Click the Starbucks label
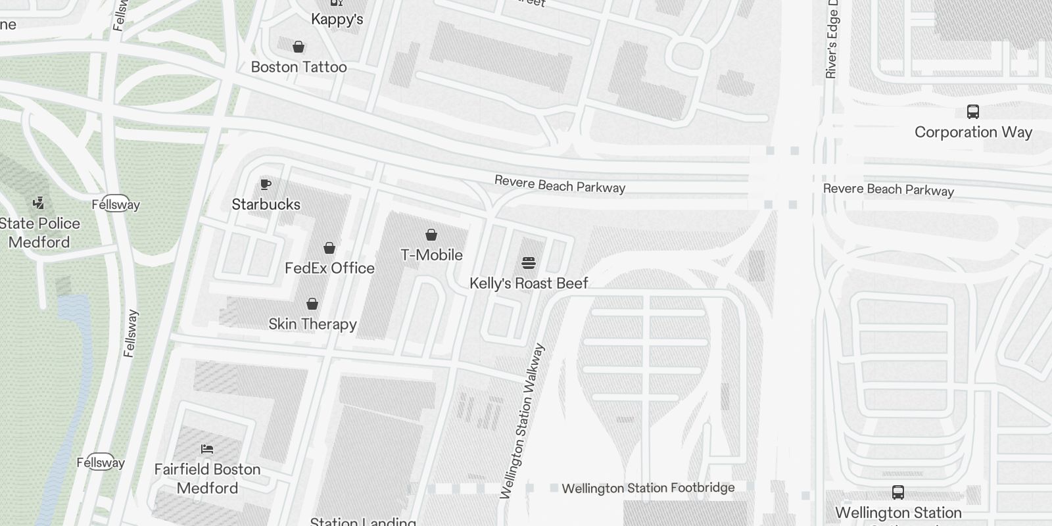point(266,204)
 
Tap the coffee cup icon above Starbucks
point(266,184)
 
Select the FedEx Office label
point(329,268)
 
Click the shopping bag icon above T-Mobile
point(431,235)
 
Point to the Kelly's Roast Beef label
point(529,283)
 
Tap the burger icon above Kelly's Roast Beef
point(529,263)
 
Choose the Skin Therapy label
point(312,324)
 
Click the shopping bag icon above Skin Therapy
point(312,304)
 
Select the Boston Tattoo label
point(299,67)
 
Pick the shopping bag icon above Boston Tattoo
point(299,47)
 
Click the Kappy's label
point(337,19)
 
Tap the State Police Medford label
point(39,233)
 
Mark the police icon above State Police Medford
point(39,203)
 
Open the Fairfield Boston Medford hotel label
point(207,479)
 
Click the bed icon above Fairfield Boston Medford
point(207,449)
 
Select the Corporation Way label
point(973,132)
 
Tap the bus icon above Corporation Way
point(973,112)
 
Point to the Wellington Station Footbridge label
point(648,488)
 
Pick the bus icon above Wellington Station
point(898,492)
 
